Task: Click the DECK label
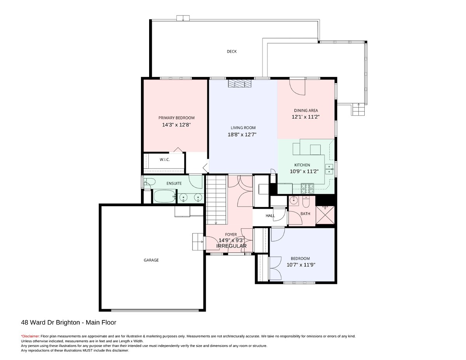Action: (x=231, y=52)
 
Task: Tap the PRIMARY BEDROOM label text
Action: (x=176, y=118)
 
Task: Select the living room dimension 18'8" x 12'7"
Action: (x=242, y=134)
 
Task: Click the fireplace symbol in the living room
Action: (x=240, y=83)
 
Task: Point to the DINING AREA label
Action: (x=306, y=110)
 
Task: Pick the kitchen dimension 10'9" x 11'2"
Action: (x=304, y=171)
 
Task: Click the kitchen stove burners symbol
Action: (x=307, y=188)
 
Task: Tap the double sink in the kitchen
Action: (x=329, y=169)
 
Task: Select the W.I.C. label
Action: (x=165, y=160)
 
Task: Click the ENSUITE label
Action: (x=174, y=183)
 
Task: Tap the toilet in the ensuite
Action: (x=150, y=182)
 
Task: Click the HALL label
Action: (x=270, y=216)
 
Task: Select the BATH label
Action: (x=305, y=214)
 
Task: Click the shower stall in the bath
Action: (x=325, y=215)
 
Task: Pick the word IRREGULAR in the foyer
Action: (x=231, y=246)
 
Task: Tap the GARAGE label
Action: (x=151, y=260)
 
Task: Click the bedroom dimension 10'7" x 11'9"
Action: (x=301, y=265)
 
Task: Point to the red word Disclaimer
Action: (x=30, y=336)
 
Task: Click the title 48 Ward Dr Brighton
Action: (x=50, y=322)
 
